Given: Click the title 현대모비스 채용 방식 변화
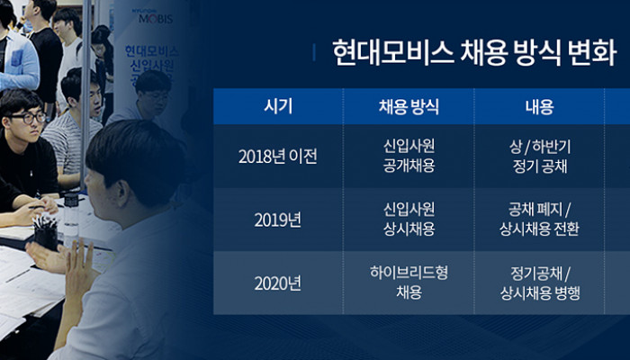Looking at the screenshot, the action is click(x=474, y=52).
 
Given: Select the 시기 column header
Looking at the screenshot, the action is click(x=278, y=107).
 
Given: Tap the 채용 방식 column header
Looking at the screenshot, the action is click(x=409, y=107).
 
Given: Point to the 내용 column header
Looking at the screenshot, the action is click(x=539, y=107).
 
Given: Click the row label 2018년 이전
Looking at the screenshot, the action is click(x=277, y=157).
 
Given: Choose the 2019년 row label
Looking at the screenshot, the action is click(x=277, y=220).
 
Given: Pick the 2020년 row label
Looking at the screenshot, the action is click(x=277, y=283).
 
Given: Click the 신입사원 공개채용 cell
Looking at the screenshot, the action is click(x=409, y=156).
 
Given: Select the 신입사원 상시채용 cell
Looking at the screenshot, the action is click(x=409, y=220).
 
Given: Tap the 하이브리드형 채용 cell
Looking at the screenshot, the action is click(x=409, y=283).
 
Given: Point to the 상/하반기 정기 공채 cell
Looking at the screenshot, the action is click(x=540, y=157).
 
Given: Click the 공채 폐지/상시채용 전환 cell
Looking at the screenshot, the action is click(x=539, y=220).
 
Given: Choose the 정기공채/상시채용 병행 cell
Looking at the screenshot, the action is click(x=540, y=283).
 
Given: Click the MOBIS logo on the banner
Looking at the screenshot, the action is click(x=155, y=18).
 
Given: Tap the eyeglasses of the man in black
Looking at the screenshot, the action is click(x=28, y=118).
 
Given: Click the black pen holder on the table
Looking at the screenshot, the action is click(x=46, y=234).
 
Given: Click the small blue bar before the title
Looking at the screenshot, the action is click(x=314, y=52).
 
